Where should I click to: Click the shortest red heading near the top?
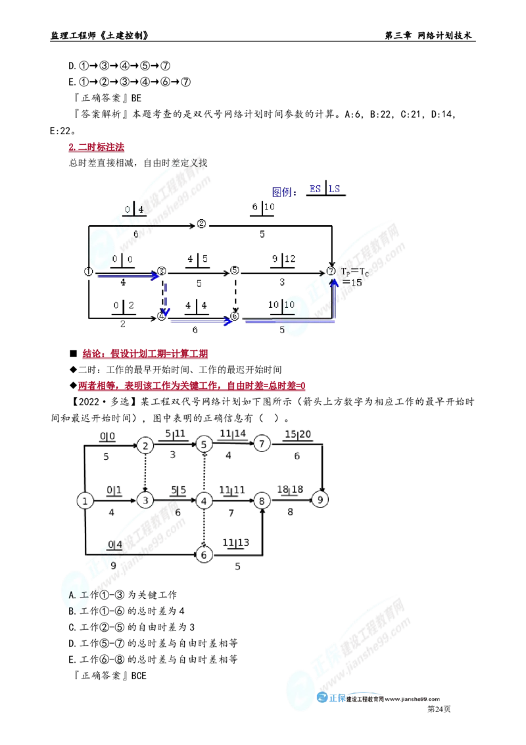[95, 147]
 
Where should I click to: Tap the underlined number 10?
[289, 305]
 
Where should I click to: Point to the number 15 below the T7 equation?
[356, 282]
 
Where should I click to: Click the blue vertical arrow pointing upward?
[334, 299]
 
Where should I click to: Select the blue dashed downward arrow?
[166, 296]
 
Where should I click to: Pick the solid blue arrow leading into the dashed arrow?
[128, 276]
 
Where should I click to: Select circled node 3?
[145, 501]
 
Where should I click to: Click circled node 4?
[145, 446]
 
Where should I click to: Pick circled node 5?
[204, 445]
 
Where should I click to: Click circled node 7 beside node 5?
[262, 444]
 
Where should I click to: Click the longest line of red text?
[191, 387]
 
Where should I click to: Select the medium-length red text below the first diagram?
[145, 355]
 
